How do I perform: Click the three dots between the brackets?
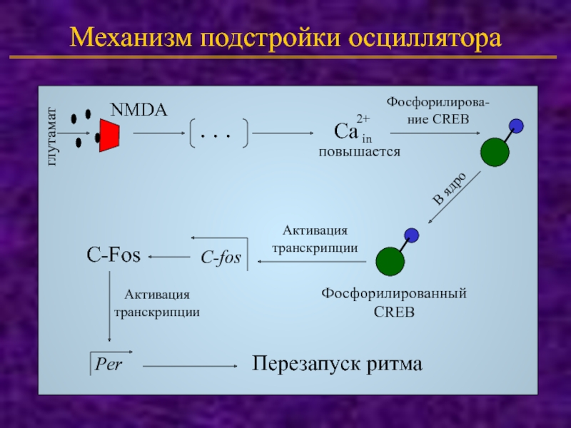[219, 133]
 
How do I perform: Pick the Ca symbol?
[346, 132]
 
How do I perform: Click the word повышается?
[359, 151]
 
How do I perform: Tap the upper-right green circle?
[494, 151]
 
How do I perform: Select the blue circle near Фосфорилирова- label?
[517, 126]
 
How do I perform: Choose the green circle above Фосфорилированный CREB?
[390, 261]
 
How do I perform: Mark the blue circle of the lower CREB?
[411, 235]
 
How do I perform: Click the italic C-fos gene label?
[221, 258]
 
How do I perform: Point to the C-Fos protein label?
[113, 254]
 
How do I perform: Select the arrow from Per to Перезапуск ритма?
[190, 365]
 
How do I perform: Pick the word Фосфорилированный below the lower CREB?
[393, 293]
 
